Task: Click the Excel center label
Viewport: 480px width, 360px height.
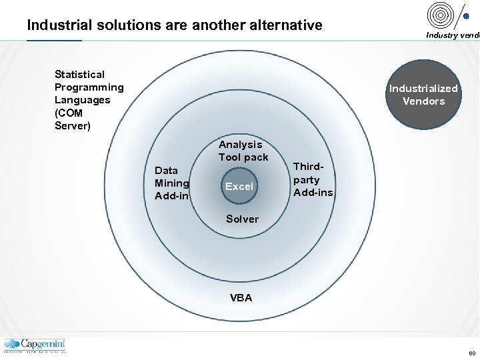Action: point(239,187)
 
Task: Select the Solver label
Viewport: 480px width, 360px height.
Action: point(242,219)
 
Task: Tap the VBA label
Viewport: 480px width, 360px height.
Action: point(241,298)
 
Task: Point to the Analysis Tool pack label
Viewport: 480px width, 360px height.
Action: point(243,151)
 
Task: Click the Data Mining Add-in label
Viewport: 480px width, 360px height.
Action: point(172,183)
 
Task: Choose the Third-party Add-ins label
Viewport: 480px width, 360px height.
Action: point(313,180)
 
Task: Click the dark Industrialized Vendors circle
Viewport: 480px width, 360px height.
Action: point(423,95)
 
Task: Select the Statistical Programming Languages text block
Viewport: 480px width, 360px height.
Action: point(89,100)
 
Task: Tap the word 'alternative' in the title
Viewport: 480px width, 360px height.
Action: point(285,25)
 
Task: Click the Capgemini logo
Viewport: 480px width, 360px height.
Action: point(35,345)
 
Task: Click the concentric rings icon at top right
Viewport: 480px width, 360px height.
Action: point(440,15)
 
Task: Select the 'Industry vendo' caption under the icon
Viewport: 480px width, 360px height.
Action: point(452,35)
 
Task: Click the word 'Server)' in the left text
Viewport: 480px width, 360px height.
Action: point(72,126)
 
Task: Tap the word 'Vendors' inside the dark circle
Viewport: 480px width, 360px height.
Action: point(423,101)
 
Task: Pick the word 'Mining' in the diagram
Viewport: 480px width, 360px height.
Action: point(172,183)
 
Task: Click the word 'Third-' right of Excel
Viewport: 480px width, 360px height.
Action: point(307,167)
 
